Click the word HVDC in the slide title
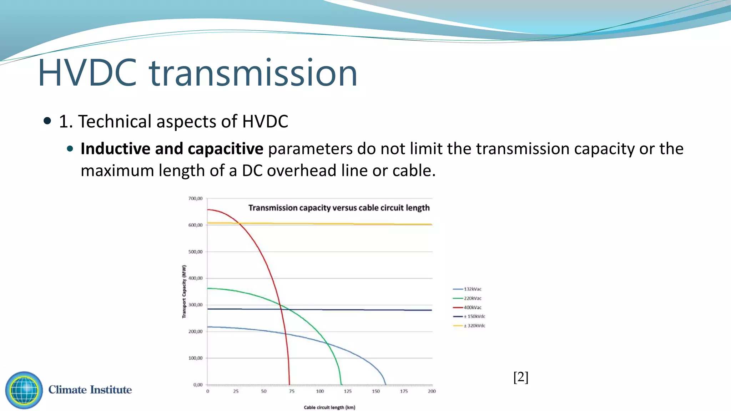click(87, 73)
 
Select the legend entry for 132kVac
click(472, 289)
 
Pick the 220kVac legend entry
click(472, 298)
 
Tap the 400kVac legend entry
click(472, 307)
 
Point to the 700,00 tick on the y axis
click(195, 198)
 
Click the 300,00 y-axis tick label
click(195, 305)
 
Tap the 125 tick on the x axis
click(348, 391)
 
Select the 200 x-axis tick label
click(432, 391)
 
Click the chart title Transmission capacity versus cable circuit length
click(339, 208)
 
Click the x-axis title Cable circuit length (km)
click(329, 407)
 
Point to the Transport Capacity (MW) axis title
click(184, 291)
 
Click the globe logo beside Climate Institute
click(24, 390)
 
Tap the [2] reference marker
click(521, 377)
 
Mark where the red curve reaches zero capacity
click(289, 384)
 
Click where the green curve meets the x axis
click(342, 384)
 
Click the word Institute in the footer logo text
click(111, 390)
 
